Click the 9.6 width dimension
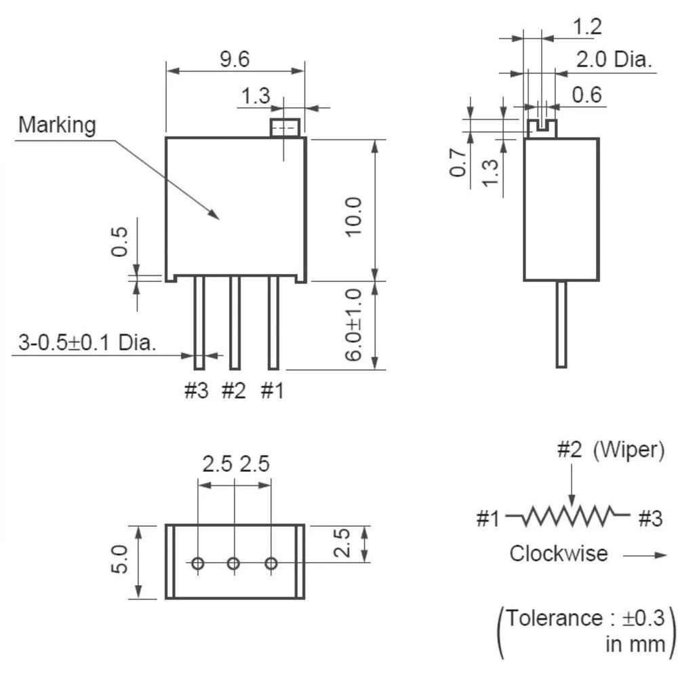click(234, 60)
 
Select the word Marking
click(57, 125)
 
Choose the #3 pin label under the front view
click(197, 391)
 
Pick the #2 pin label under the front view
click(233, 391)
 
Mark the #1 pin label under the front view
click(272, 391)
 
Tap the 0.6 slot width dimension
click(587, 95)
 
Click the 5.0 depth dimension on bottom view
click(119, 560)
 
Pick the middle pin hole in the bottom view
click(234, 563)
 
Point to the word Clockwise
click(559, 553)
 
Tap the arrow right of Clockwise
click(644, 555)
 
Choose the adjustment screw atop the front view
click(285, 127)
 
